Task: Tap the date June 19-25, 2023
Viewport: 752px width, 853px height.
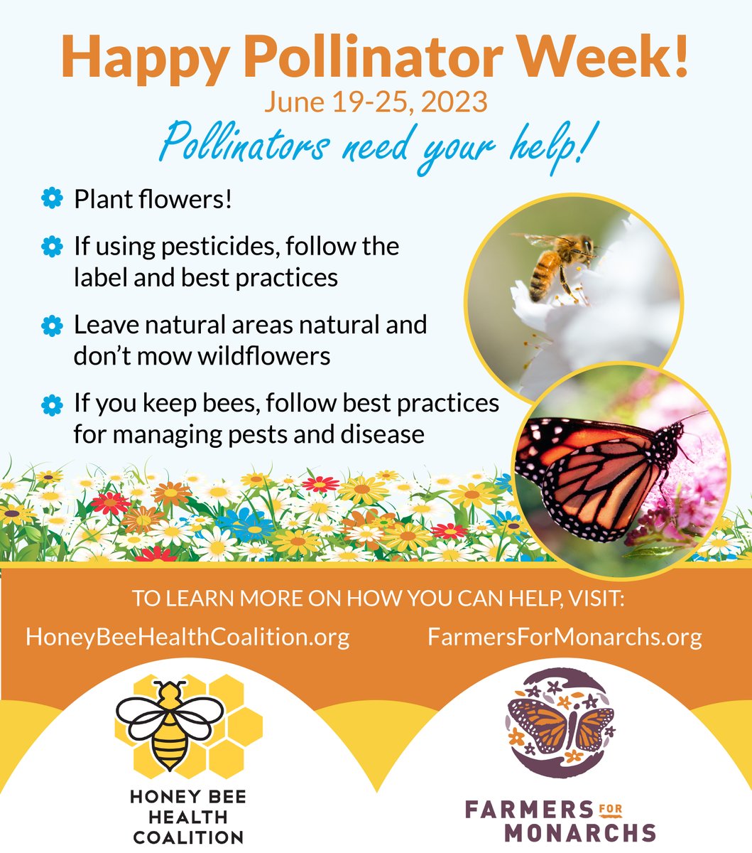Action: coord(376,102)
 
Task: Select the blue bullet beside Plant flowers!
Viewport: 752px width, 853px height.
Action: coord(52,199)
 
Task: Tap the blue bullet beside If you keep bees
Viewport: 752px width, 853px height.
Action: coord(52,404)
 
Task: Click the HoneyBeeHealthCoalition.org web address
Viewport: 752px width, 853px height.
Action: coord(187,636)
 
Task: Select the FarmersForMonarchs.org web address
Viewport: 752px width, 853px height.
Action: coord(565,636)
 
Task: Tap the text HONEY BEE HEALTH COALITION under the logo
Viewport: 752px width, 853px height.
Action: coord(188,817)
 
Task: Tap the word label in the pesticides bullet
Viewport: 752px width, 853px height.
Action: coord(102,277)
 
